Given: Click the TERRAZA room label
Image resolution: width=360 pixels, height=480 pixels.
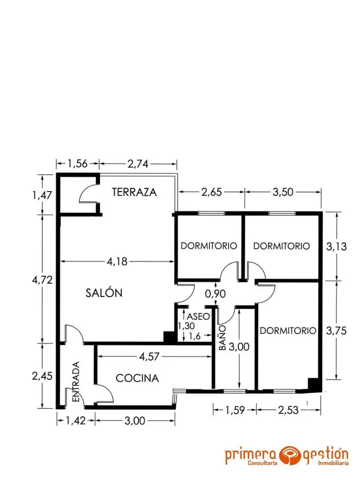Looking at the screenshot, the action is click(x=134, y=192).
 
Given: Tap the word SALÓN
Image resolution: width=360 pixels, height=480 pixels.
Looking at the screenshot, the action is click(x=104, y=293).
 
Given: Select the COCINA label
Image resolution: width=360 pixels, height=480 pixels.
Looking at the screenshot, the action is click(x=137, y=378).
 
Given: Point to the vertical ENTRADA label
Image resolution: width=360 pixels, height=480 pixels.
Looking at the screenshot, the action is click(x=76, y=381).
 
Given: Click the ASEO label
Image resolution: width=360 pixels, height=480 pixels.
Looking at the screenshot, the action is click(x=198, y=316).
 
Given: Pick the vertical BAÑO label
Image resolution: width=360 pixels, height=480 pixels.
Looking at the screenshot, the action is click(x=223, y=338).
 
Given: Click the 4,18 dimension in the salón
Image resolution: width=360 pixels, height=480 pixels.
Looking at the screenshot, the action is click(x=117, y=261).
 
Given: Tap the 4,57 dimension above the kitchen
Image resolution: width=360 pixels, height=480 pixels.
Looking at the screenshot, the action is click(x=149, y=356).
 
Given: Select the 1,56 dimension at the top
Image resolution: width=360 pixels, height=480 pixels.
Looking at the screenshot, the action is click(x=77, y=164).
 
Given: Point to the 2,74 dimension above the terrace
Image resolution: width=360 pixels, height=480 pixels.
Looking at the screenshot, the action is click(x=138, y=164).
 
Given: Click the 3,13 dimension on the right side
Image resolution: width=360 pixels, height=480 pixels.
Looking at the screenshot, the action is click(x=336, y=246).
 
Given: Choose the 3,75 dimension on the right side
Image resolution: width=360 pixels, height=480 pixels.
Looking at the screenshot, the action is click(x=336, y=331).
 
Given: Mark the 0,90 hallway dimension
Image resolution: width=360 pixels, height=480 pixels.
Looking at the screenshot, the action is click(x=216, y=294).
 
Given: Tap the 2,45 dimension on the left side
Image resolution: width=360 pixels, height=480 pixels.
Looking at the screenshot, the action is click(x=42, y=376).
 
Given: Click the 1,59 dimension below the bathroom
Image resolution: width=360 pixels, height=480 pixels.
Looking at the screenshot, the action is click(x=235, y=410).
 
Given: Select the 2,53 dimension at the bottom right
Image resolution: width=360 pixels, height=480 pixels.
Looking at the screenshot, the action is click(x=288, y=410).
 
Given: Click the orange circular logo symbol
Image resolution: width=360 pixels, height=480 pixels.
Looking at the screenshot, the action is click(x=290, y=455).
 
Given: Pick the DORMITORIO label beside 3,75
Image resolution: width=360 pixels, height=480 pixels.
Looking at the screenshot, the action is click(x=288, y=331).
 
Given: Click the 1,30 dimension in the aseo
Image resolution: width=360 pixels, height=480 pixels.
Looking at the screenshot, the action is click(x=186, y=326).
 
